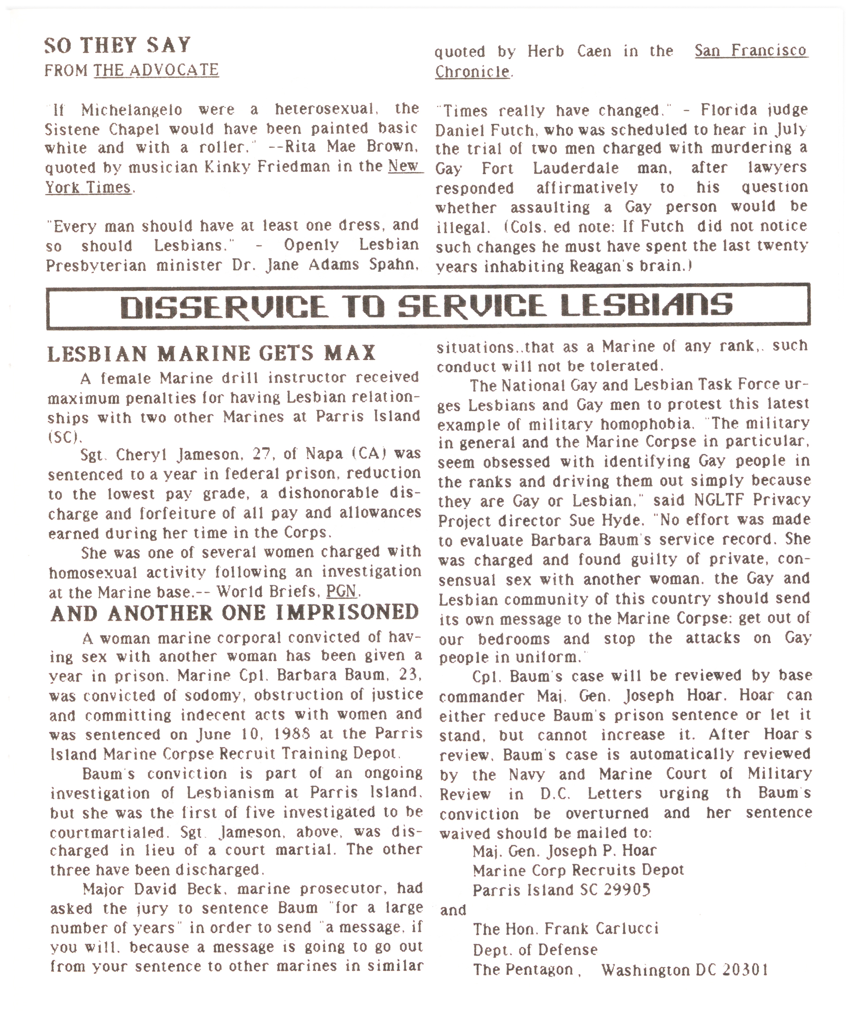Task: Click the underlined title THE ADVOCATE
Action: pyautogui.click(x=156, y=70)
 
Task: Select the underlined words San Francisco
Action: pyautogui.click(x=751, y=51)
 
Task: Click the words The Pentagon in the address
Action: pyautogui.click(x=523, y=970)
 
